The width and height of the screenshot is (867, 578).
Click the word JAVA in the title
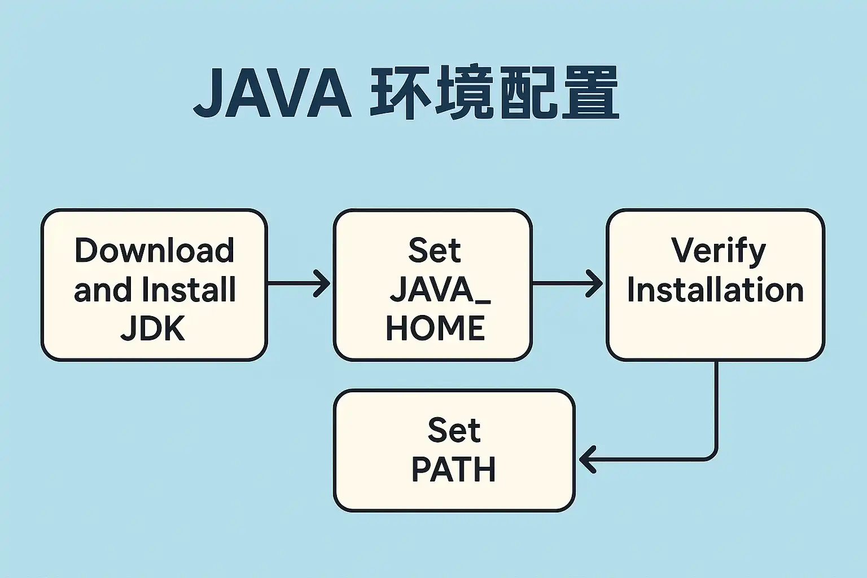coord(273,93)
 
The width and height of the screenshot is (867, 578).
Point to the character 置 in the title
coord(590,93)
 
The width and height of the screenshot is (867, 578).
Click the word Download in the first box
coord(154,250)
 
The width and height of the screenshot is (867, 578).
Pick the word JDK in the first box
coord(153,329)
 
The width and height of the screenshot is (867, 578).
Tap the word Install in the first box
coord(189,290)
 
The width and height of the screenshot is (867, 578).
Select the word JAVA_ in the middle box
coord(440,290)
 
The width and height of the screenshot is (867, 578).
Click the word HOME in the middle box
coord(435,329)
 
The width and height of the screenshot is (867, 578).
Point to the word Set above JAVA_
coord(434,250)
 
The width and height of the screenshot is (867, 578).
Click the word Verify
coord(718,251)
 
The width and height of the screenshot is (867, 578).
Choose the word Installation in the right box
coord(715,290)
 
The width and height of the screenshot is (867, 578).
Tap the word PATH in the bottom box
coord(454,470)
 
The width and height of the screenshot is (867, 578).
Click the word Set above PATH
coord(454,430)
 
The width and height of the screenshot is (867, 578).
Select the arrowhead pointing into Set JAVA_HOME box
coord(324,283)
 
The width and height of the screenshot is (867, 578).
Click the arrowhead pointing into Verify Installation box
coord(597,283)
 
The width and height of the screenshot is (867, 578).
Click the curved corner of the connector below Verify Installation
coord(712,455)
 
